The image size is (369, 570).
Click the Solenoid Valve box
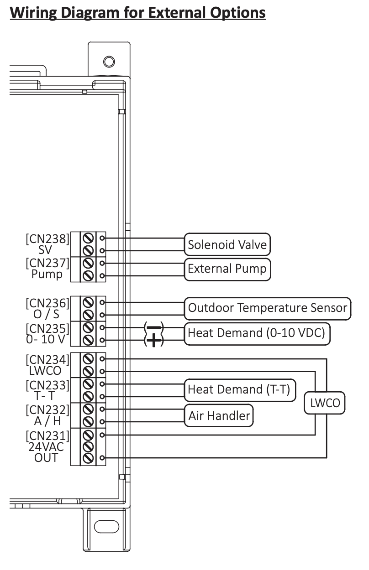tap(227, 244)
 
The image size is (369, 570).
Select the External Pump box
tap(227, 269)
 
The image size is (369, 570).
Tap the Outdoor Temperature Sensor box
tap(267, 308)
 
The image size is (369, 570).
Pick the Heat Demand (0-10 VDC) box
tap(256, 333)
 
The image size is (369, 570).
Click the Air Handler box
tap(219, 415)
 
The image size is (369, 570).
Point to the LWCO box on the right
tap(325, 403)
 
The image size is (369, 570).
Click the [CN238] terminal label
tap(48, 238)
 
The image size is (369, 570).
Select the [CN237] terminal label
tap(48, 264)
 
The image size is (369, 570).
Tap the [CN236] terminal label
tap(48, 303)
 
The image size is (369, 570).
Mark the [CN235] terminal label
tap(48, 328)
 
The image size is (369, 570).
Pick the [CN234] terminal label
tap(48, 359)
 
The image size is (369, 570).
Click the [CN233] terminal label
tap(48, 385)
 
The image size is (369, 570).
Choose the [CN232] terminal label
tap(48, 409)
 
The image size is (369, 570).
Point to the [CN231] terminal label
tap(48, 434)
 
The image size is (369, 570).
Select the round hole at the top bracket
tap(109, 61)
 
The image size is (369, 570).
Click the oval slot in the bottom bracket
tap(106, 526)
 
